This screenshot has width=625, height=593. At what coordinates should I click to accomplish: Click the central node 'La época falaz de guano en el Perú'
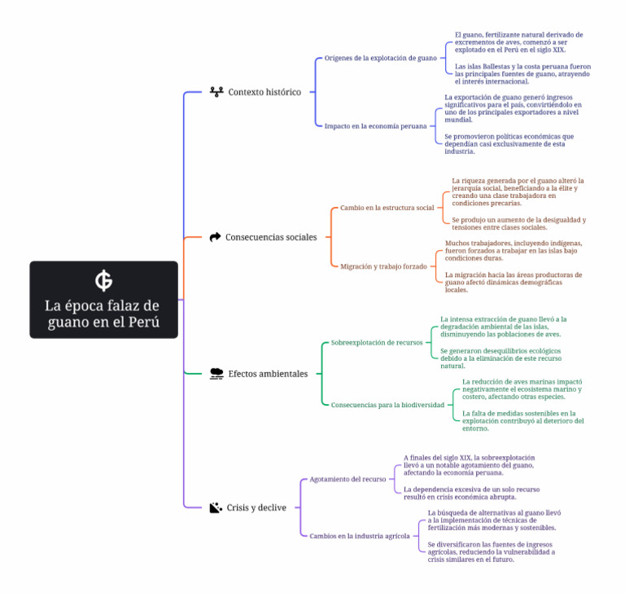pyautogui.click(x=103, y=300)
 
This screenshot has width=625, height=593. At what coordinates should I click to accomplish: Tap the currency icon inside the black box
pyautogui.click(x=103, y=280)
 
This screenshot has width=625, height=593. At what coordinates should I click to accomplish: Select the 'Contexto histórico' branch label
pyautogui.click(x=264, y=92)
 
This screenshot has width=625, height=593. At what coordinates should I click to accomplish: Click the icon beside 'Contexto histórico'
pyautogui.click(x=216, y=92)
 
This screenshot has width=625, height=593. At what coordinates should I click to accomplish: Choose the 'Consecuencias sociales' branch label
pyautogui.click(x=271, y=237)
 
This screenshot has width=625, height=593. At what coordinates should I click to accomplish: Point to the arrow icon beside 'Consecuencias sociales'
pyautogui.click(x=215, y=237)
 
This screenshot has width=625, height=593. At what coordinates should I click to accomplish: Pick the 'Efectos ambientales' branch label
pyautogui.click(x=268, y=374)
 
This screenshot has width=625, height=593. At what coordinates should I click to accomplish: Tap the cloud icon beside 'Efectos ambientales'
pyautogui.click(x=216, y=374)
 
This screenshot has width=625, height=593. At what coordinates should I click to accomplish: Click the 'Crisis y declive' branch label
pyautogui.click(x=256, y=507)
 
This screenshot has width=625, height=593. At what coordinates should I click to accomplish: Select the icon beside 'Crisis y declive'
pyautogui.click(x=216, y=507)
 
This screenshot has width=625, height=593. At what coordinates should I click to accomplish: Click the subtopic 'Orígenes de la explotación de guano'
pyautogui.click(x=381, y=59)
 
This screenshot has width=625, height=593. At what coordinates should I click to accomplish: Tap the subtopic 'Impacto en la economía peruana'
pyautogui.click(x=375, y=126)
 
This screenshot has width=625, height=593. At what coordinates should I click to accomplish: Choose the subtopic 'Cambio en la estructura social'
pyautogui.click(x=387, y=208)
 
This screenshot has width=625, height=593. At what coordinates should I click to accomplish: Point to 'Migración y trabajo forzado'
pyautogui.click(x=383, y=266)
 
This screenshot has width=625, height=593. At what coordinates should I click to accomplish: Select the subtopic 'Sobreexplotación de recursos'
pyautogui.click(x=377, y=342)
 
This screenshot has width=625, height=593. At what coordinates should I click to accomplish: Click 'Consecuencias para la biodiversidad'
pyautogui.click(x=387, y=405)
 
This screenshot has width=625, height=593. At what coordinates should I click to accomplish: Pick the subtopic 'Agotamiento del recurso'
pyautogui.click(x=347, y=479)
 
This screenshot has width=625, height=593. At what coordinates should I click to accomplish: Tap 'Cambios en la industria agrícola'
pyautogui.click(x=360, y=536)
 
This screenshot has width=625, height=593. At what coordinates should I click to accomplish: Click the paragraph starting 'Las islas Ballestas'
pyautogui.click(x=522, y=74)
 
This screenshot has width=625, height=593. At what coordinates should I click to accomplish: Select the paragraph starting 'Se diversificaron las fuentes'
pyautogui.click(x=491, y=552)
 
